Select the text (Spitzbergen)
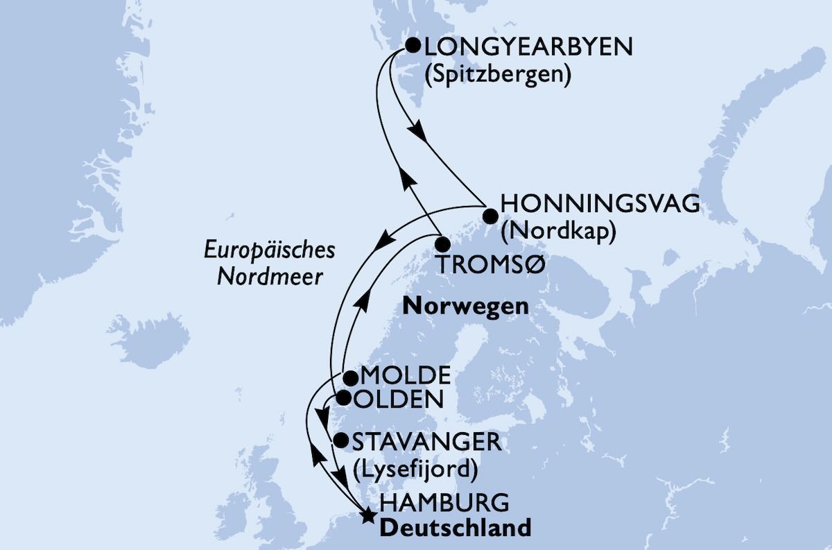(x=497, y=75)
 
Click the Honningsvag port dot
(x=490, y=215)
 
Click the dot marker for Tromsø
(x=442, y=244)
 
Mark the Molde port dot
(x=351, y=378)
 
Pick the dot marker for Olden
(x=343, y=398)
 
